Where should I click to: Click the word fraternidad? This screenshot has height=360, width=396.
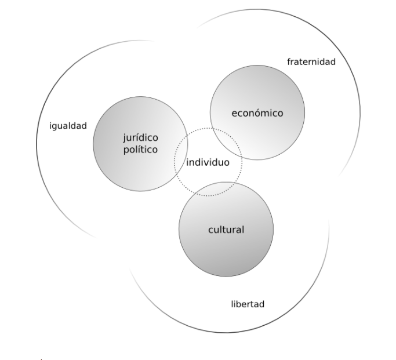(x=311, y=62)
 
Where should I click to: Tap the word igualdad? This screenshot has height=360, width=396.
(x=68, y=126)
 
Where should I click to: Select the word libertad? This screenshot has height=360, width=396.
(x=248, y=304)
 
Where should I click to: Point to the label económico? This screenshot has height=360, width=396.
(x=257, y=113)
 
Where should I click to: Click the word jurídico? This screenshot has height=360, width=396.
(x=140, y=138)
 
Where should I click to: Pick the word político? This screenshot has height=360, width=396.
(x=140, y=150)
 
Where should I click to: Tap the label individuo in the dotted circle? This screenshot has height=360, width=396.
(x=208, y=162)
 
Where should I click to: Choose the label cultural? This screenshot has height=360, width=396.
(x=226, y=230)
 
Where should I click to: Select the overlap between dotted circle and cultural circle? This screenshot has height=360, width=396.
(x=209, y=188)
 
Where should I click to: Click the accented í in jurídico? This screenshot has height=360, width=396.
(x=142, y=138)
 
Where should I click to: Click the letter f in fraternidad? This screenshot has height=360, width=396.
(x=289, y=62)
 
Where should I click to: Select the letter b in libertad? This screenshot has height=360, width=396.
(x=238, y=304)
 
